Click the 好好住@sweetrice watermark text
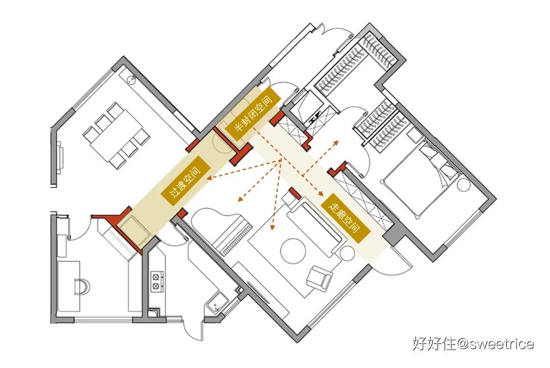coord(473,343)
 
